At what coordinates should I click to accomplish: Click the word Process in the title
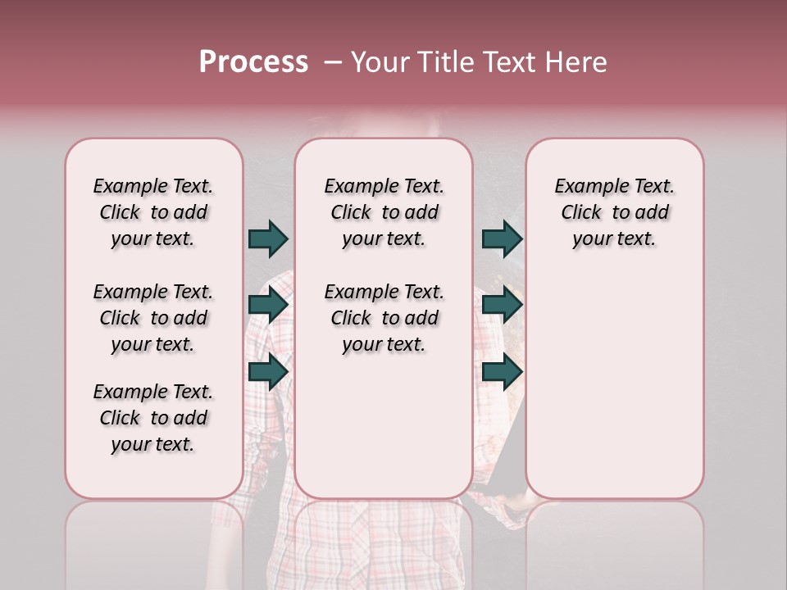click(253, 62)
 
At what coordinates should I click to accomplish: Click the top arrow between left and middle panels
click(268, 238)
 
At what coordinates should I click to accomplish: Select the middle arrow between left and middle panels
click(268, 306)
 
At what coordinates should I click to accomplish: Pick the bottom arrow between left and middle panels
click(268, 372)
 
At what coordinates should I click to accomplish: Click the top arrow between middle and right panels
click(502, 238)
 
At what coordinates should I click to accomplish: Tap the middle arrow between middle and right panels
click(502, 306)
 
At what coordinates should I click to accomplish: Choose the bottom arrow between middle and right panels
click(502, 372)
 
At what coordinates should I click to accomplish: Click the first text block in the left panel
click(153, 212)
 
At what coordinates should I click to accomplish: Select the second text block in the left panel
click(153, 318)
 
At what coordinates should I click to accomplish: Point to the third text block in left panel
click(153, 418)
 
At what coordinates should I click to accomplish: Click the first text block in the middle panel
click(384, 212)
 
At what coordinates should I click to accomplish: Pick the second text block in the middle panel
click(384, 318)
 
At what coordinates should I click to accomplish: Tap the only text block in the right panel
click(614, 212)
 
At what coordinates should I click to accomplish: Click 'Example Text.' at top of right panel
click(614, 187)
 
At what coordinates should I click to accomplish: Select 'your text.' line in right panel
click(614, 239)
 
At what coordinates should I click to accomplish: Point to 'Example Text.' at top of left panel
click(153, 187)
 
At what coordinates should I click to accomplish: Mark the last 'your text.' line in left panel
click(153, 444)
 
